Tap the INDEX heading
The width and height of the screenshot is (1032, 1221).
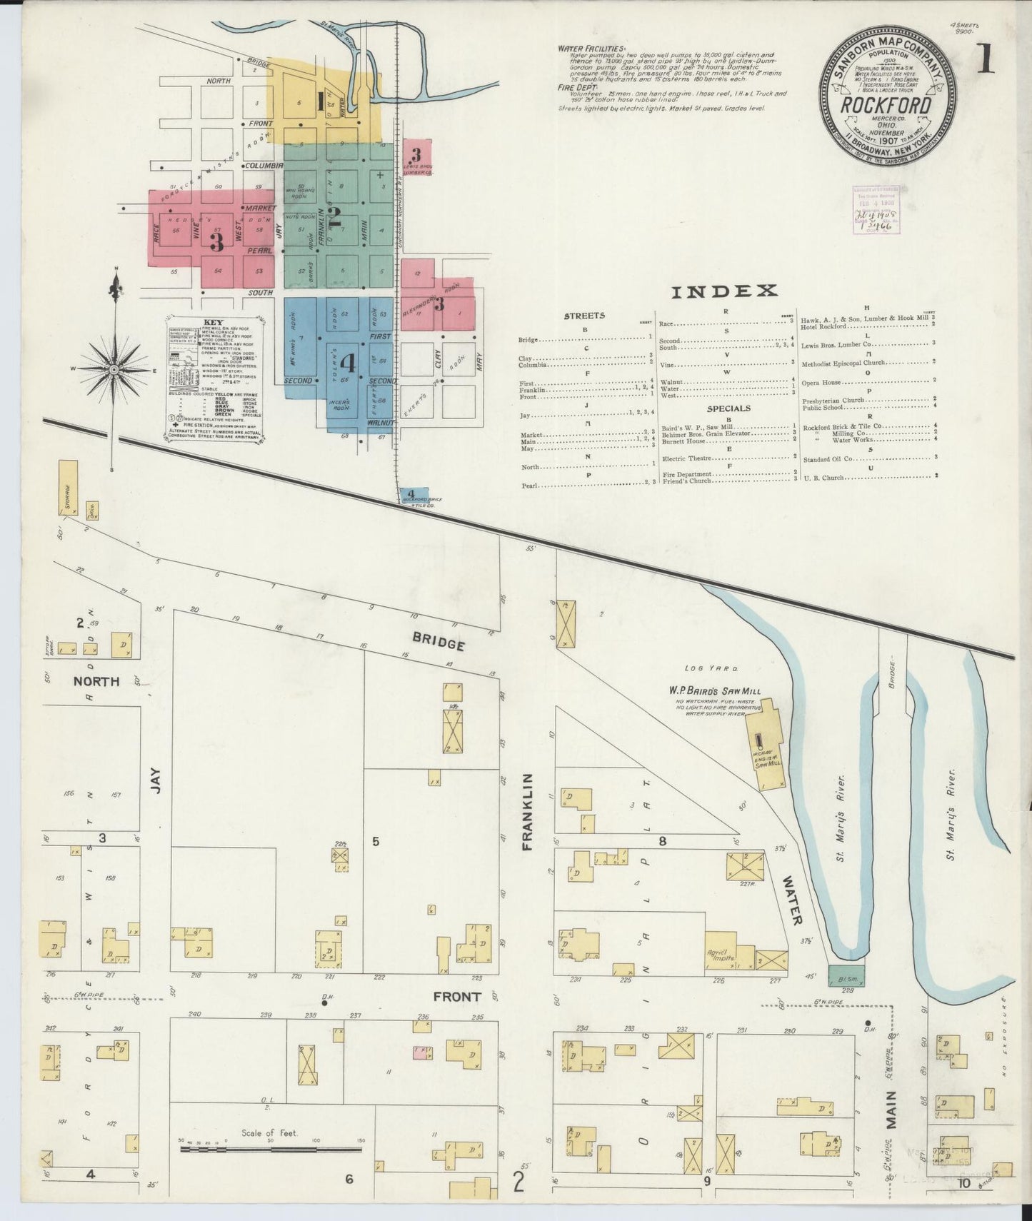click(x=723, y=291)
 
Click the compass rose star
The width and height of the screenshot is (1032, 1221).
click(x=114, y=369)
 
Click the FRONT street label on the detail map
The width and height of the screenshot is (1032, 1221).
click(x=456, y=996)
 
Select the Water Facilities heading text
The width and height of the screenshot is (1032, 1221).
click(x=592, y=49)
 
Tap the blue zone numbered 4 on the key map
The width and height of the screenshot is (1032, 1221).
click(x=348, y=363)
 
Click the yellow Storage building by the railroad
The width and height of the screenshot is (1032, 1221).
click(x=67, y=487)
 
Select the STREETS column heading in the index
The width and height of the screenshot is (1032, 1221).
click(x=584, y=315)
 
